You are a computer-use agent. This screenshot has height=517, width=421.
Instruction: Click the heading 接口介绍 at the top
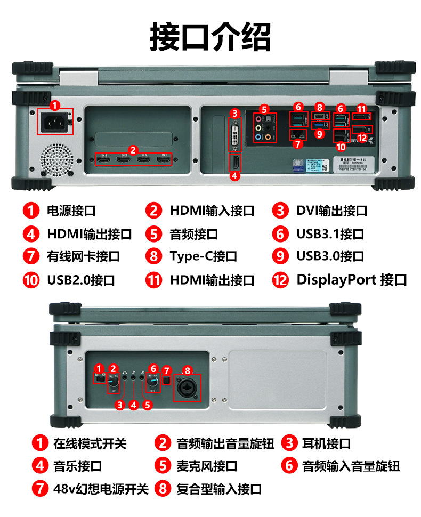coord(210,36)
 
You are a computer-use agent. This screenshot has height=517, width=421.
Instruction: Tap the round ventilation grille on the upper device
coord(56,159)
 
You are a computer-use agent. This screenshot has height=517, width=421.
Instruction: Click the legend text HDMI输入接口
coord(212,211)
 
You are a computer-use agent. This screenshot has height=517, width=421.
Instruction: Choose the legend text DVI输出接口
coord(331,211)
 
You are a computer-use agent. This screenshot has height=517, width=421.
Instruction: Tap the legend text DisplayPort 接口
coord(351,280)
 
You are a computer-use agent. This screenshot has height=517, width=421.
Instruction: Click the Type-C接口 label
coord(203,256)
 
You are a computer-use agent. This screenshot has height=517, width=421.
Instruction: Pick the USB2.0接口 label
coord(80,280)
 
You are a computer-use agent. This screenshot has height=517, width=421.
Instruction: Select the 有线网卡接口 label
coord(84,256)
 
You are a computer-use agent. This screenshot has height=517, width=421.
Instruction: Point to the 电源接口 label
coord(71,211)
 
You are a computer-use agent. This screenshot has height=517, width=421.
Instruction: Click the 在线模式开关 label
coord(90,443)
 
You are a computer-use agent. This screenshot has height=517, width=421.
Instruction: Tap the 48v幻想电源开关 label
coord(101,489)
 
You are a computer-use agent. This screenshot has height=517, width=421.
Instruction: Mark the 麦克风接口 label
coord(207,466)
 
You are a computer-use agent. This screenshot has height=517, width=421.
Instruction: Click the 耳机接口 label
coord(326,443)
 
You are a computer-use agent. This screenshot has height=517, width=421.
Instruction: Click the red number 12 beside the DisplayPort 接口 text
coord(280,280)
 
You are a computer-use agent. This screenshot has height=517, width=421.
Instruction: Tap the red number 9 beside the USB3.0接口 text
coord(280,256)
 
